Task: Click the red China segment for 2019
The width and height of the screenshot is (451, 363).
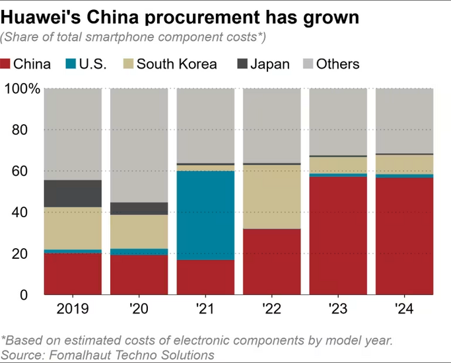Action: [73, 274]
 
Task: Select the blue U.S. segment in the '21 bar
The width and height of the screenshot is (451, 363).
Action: [205, 215]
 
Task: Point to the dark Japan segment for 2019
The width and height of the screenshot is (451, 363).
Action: [73, 193]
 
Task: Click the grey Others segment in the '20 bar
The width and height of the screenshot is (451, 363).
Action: [139, 145]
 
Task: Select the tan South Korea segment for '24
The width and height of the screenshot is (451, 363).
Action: [404, 164]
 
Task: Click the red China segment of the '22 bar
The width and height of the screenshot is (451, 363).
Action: [271, 261]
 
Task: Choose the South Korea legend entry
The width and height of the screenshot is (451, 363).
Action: [170, 64]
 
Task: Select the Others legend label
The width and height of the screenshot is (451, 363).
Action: [337, 64]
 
